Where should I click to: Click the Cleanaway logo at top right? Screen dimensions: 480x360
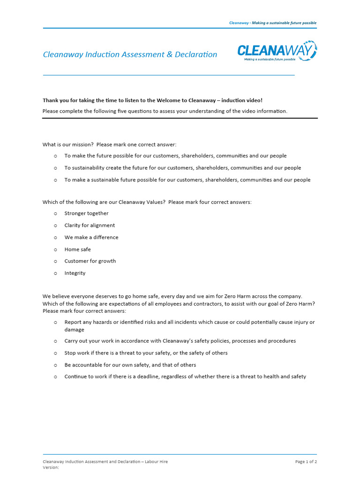point(277,51)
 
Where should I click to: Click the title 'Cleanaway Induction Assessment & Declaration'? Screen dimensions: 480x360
point(130,54)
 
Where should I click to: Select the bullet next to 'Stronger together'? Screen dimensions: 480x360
point(55,213)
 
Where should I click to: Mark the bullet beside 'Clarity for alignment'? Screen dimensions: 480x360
point(55,225)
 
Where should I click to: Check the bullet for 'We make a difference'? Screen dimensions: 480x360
point(55,237)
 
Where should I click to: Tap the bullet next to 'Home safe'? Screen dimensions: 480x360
point(55,249)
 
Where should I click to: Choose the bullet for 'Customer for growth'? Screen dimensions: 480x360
point(55,261)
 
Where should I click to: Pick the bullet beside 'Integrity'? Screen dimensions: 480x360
point(55,273)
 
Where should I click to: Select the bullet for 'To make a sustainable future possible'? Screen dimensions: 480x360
point(55,180)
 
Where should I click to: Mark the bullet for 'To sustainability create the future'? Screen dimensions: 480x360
point(55,168)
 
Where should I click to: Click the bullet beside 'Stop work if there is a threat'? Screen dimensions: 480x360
point(55,353)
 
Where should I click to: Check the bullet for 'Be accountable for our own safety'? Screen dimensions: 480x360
point(55,365)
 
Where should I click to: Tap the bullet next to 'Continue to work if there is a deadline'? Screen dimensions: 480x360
point(55,376)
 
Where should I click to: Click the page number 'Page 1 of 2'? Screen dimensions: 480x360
point(306,462)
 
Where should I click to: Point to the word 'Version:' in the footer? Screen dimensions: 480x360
point(51,467)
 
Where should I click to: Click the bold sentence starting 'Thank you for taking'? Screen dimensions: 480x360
point(152,100)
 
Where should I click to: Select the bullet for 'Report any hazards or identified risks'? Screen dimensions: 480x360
point(55,322)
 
